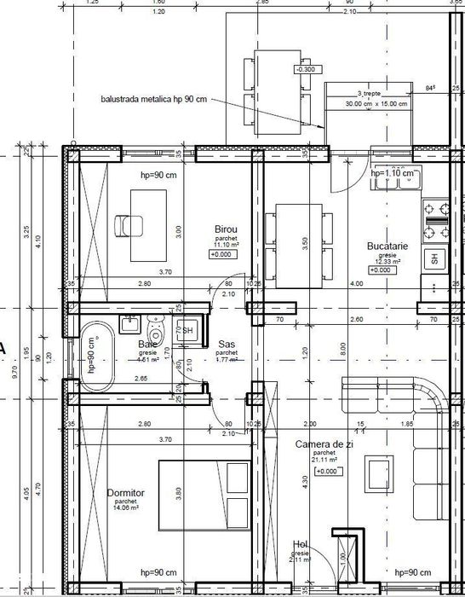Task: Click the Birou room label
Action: pyautogui.click(x=226, y=230)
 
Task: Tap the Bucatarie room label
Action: pyautogui.click(x=387, y=245)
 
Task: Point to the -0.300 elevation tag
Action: pyautogui.click(x=306, y=69)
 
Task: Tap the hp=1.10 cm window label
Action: pyautogui.click(x=393, y=173)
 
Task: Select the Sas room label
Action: pyautogui.click(x=227, y=343)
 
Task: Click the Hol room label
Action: pyautogui.click(x=299, y=543)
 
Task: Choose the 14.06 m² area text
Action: pyautogui.click(x=125, y=508)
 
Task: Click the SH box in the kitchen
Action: pyautogui.click(x=433, y=258)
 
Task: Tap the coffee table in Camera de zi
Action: pyautogui.click(x=375, y=471)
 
